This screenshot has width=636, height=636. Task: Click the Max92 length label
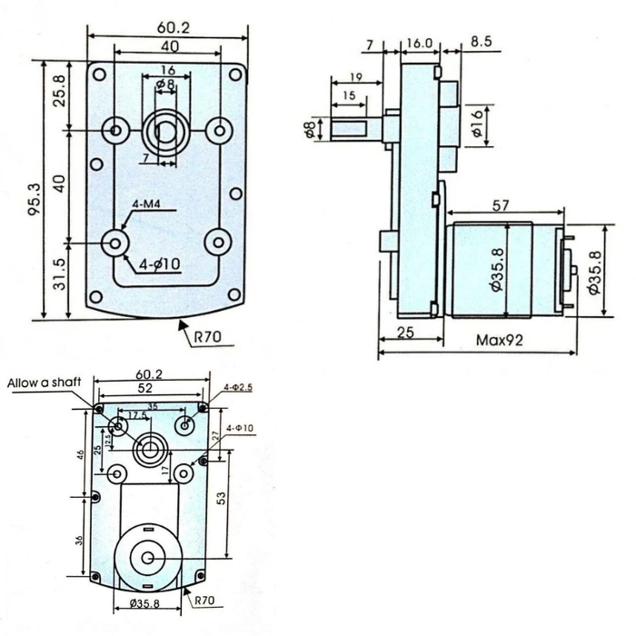pyautogui.click(x=498, y=343)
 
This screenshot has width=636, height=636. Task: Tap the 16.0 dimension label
pyautogui.click(x=420, y=42)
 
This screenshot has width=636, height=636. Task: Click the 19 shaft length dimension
pyautogui.click(x=354, y=79)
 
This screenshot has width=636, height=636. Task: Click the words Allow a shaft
pyautogui.click(x=45, y=383)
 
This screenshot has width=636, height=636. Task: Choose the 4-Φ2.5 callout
pyautogui.click(x=238, y=387)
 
